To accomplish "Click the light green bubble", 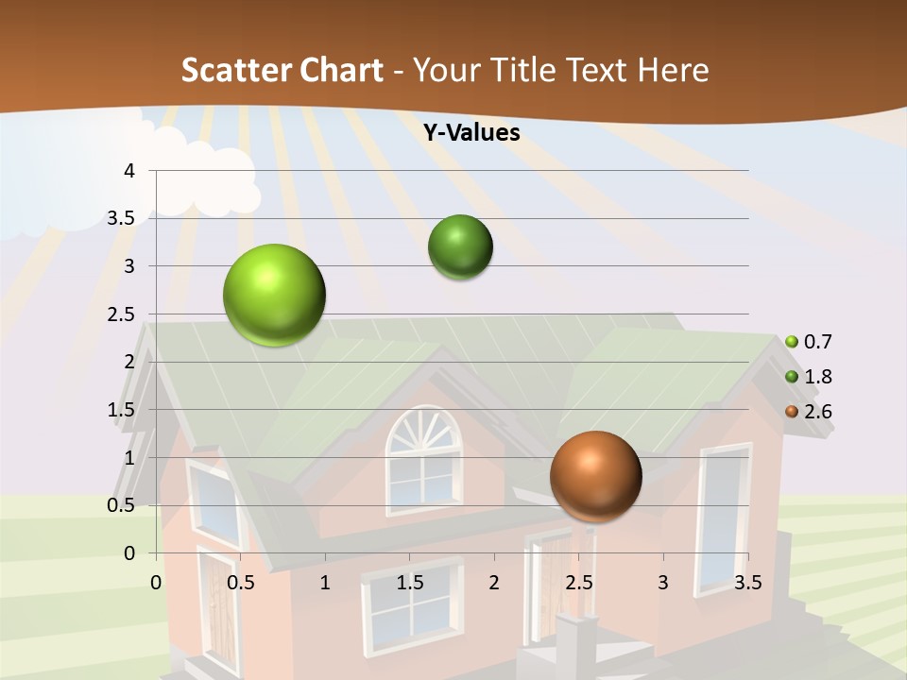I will [274, 295].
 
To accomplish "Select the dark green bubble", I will [460, 247].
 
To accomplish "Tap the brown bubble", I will [595, 476].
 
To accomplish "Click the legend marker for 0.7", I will [792, 342].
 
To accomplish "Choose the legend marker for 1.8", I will [792, 377].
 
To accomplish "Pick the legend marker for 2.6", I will [792, 412].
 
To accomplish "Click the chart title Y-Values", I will [471, 133].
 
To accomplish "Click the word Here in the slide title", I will [673, 70].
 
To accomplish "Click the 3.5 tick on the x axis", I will [747, 583].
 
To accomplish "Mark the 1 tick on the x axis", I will [325, 583].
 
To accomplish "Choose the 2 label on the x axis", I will [494, 583].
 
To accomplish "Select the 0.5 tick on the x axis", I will [241, 583].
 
